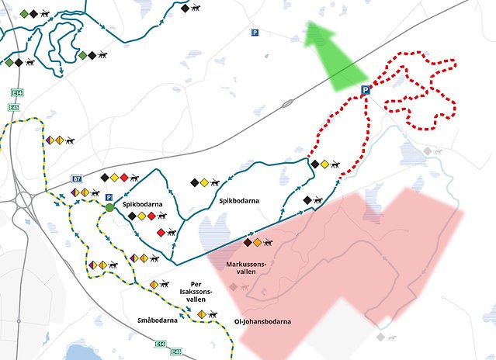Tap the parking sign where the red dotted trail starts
click(364, 91)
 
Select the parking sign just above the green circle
click(109, 197)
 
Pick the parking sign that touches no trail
click(255, 32)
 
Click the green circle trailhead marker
click(109, 208)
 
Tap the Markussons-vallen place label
click(246, 268)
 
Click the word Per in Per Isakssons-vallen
click(197, 285)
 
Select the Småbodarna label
click(158, 320)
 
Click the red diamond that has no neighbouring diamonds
click(161, 232)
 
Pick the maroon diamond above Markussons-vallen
click(248, 243)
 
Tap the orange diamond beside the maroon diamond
click(257, 243)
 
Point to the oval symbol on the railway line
click(287, 102)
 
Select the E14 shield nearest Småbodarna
click(160, 344)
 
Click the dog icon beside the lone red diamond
click(174, 232)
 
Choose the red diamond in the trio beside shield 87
click(124, 178)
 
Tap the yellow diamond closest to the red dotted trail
click(324, 164)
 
